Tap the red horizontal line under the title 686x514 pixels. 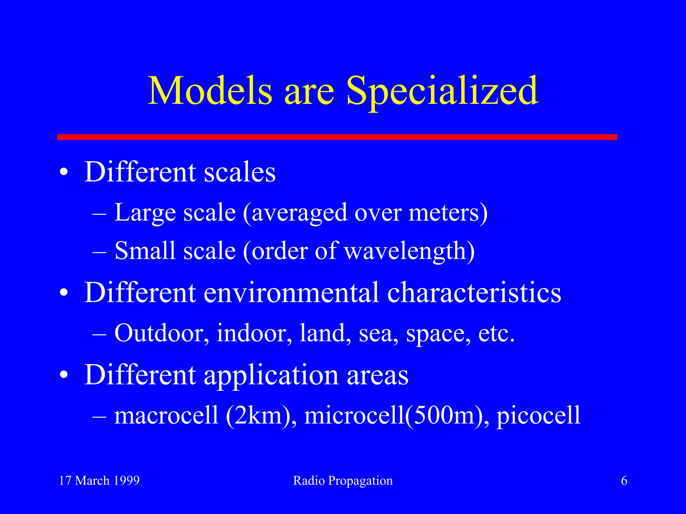pyautogui.click(x=337, y=137)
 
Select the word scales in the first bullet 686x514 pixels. pyautogui.click(x=240, y=172)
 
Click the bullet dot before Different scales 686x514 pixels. pyautogui.click(x=64, y=173)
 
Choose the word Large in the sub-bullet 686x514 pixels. pyautogui.click(x=145, y=213)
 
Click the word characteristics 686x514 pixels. pyautogui.click(x=474, y=292)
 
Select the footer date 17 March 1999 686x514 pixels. pyautogui.click(x=99, y=481)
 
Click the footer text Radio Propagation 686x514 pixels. pyautogui.click(x=343, y=481)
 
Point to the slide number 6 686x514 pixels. pyautogui.click(x=624, y=481)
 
